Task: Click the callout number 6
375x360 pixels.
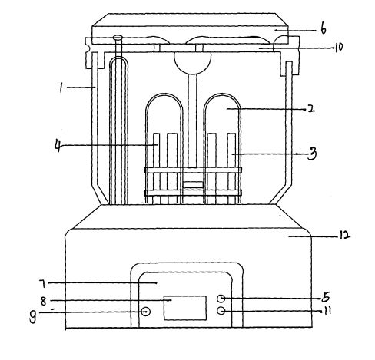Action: click(x=324, y=29)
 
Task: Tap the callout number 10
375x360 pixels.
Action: click(x=339, y=47)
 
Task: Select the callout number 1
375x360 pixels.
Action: click(x=61, y=88)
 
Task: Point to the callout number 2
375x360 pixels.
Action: click(x=310, y=109)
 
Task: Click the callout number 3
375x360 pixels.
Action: click(x=312, y=154)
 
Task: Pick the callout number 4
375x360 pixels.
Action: click(x=58, y=145)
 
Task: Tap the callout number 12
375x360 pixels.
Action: click(x=344, y=236)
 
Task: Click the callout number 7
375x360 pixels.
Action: click(x=42, y=283)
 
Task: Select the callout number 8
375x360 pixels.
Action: click(x=44, y=301)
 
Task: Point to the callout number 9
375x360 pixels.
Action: click(x=32, y=317)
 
